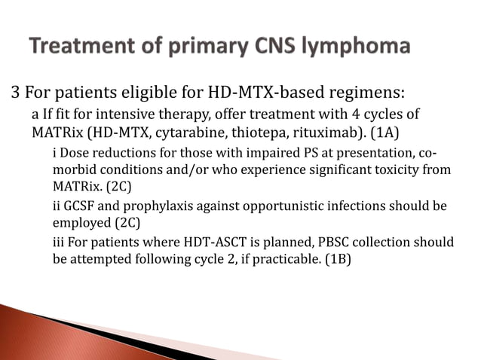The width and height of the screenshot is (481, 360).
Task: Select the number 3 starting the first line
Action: (x=14, y=93)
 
